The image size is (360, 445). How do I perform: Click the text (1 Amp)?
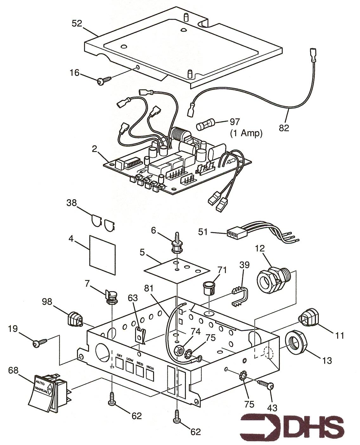click(246, 133)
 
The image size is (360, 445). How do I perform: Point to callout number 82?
click(284, 128)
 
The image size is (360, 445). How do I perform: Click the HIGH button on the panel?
click(150, 374)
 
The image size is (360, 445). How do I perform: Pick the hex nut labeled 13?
click(295, 343)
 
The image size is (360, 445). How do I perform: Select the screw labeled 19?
click(40, 343)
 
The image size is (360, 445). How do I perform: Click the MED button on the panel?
click(140, 371)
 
